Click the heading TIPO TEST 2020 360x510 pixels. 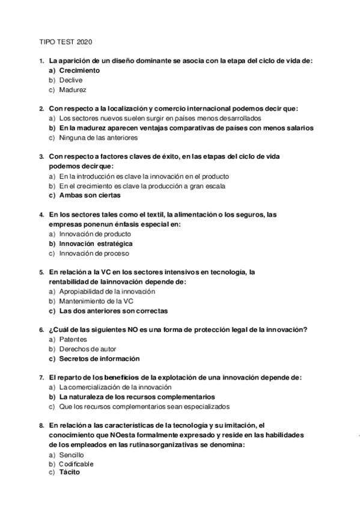65,43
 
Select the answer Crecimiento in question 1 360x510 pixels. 79,70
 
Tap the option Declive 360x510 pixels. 71,80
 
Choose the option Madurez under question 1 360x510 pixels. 73,90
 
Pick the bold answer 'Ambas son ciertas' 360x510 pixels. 90,195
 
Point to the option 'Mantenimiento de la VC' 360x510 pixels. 96,301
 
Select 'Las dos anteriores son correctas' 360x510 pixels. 113,311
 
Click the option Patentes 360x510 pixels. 73,340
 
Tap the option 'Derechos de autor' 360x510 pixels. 88,349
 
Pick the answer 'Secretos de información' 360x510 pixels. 99,359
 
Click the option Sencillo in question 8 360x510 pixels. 72,455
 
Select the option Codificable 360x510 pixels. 76,464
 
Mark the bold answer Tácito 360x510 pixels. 69,473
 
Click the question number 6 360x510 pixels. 41,330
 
